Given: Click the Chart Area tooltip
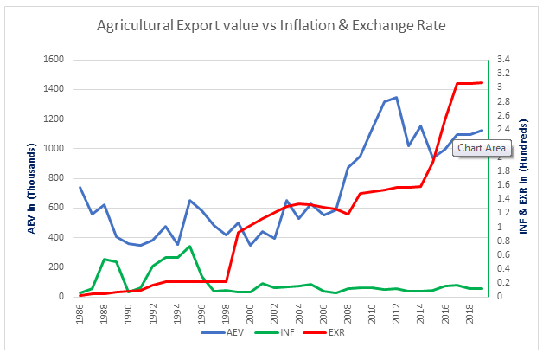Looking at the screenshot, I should [482, 148].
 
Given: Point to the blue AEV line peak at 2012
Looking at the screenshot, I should [396, 98].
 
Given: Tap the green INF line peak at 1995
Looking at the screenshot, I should [189, 246].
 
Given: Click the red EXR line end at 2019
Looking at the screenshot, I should [482, 82].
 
